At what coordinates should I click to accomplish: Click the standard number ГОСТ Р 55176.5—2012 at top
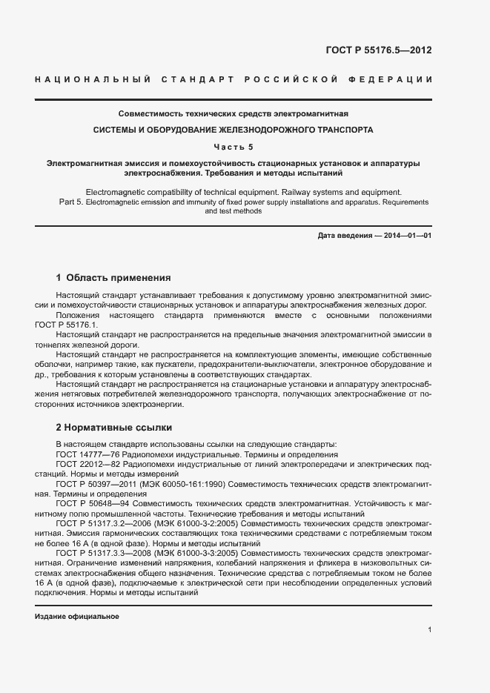[379, 51]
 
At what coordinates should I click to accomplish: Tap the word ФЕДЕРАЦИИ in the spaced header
[397, 79]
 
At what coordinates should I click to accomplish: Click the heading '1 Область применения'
[113, 278]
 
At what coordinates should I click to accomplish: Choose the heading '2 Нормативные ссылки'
[113, 428]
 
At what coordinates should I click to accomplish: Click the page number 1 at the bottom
[430, 630]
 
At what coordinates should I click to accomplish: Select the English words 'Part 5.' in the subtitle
[70, 202]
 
